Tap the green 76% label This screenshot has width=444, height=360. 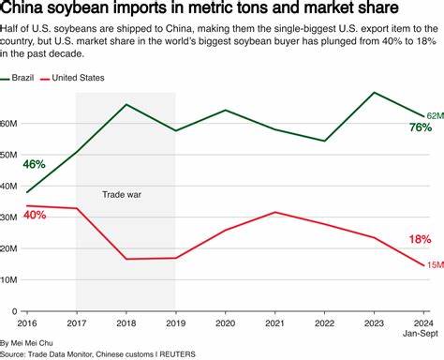tap(419, 127)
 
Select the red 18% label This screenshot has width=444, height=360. tap(419, 240)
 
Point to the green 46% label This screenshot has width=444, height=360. tap(34, 164)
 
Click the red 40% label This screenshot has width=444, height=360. tap(34, 216)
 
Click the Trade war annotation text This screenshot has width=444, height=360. tap(125, 195)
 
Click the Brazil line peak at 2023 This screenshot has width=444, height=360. tap(375, 93)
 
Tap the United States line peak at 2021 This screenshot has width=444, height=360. tap(274, 212)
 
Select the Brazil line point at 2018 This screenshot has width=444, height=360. tap(126, 104)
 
